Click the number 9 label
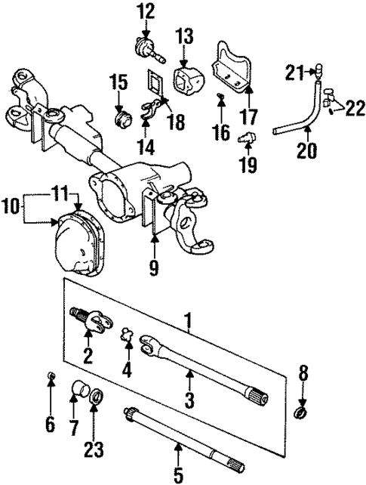click(x=154, y=267)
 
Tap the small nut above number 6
click(x=49, y=376)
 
